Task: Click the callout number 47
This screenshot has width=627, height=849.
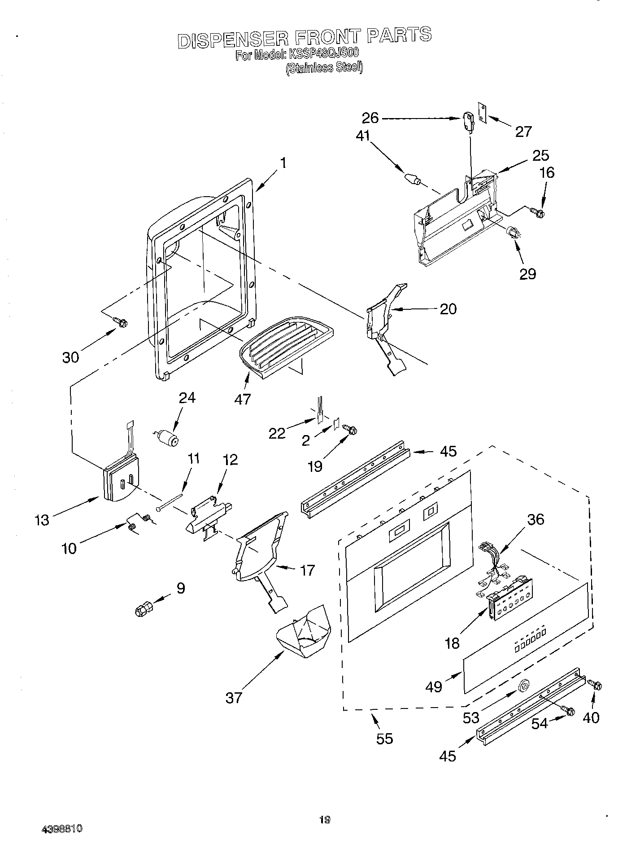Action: point(243,399)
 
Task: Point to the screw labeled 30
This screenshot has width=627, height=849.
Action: point(121,321)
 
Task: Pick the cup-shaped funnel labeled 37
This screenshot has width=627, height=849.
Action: point(304,634)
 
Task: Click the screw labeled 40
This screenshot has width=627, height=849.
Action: point(596,686)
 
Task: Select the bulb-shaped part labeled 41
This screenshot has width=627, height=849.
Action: point(412,179)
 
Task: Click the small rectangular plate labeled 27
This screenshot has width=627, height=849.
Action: point(483,110)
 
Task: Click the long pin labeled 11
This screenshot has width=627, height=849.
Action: point(170,502)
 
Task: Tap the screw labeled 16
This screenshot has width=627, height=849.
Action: point(537,211)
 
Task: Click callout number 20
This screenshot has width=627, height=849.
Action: point(448,309)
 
